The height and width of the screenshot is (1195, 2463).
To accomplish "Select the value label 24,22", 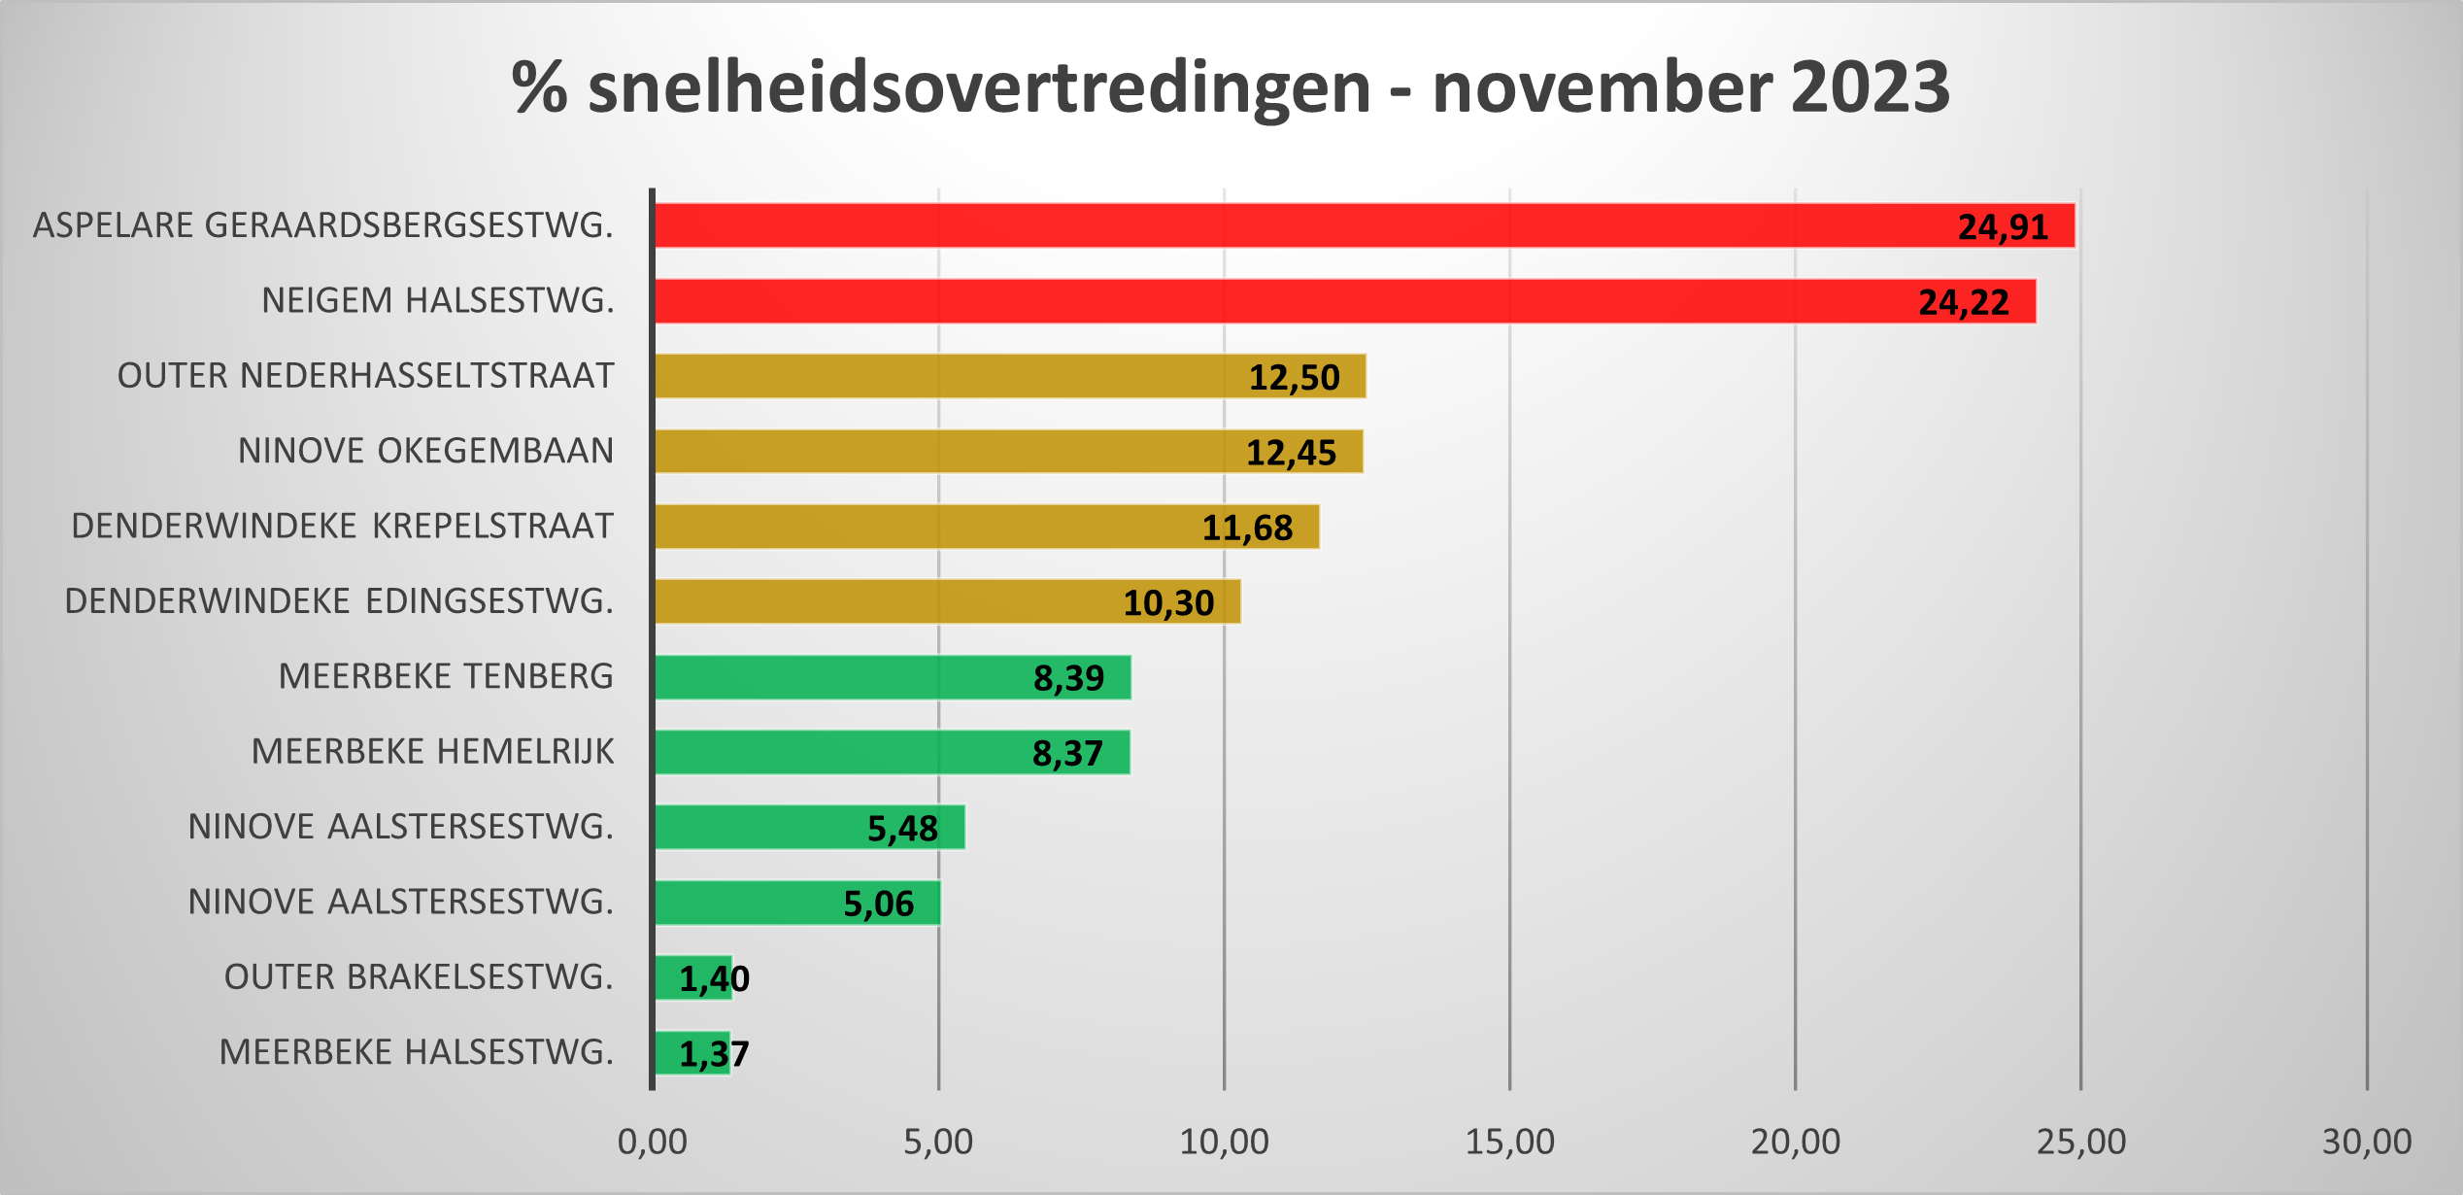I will (1963, 302).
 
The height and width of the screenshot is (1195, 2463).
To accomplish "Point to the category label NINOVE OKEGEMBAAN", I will (425, 451).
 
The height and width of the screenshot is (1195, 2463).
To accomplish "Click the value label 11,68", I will (1247, 528).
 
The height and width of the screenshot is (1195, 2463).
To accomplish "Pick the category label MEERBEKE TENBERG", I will (446, 676).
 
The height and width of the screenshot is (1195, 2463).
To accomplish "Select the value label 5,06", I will (878, 904).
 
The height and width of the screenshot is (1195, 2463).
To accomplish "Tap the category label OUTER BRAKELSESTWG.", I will (419, 976).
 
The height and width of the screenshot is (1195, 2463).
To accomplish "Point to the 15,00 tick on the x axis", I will (1509, 1142).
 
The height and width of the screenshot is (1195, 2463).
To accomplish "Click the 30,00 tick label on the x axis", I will (2367, 1142).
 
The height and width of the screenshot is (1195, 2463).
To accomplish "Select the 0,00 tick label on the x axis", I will (652, 1142).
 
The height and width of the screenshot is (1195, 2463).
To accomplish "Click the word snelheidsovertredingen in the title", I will (979, 87).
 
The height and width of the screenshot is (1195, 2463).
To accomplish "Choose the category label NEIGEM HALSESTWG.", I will (438, 301).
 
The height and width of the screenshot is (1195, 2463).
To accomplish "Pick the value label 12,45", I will (1291, 453).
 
